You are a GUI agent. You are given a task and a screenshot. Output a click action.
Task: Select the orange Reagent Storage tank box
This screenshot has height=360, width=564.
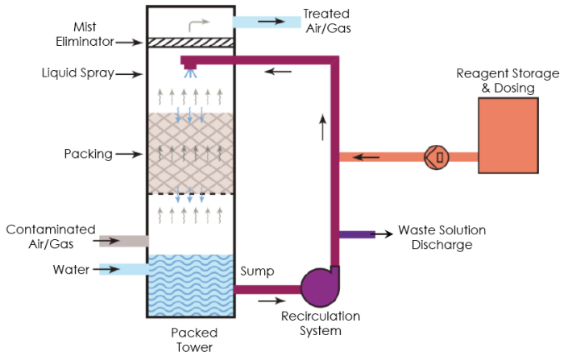coord(508,134)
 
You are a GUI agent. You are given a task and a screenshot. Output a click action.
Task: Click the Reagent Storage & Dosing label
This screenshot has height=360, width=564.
coord(507,81)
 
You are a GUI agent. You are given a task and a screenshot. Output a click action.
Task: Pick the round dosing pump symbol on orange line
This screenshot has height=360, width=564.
coord(436,156)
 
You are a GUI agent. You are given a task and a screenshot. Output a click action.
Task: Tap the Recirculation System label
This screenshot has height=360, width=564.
coord(320,323)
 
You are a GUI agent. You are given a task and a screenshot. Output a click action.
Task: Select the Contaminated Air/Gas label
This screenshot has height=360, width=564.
coord(51,235)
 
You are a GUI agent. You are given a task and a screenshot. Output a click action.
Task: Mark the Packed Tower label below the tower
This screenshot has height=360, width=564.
coord(194,339)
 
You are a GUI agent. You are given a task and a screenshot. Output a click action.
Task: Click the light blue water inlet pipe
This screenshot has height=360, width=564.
coord(123,269)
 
